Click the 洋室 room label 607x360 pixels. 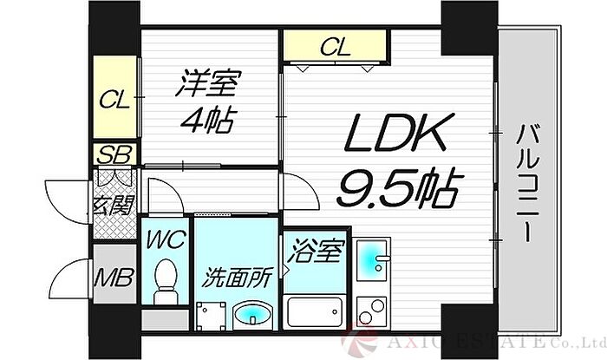pyautogui.click(x=208, y=82)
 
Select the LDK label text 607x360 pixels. pyautogui.click(x=395, y=133)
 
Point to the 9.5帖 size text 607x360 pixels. pyautogui.click(x=399, y=187)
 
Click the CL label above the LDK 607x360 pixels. pyautogui.click(x=336, y=47)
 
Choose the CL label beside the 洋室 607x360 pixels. pyautogui.click(x=114, y=100)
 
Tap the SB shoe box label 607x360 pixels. pyautogui.click(x=114, y=154)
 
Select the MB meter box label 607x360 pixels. pyautogui.click(x=114, y=277)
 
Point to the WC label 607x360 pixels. pyautogui.click(x=166, y=239)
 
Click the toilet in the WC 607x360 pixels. pyautogui.click(x=166, y=281)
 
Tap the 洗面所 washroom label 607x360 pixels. pyautogui.click(x=237, y=278)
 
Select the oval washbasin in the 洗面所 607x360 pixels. pyautogui.click(x=253, y=313)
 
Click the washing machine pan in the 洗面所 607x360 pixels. pyautogui.click(x=211, y=316)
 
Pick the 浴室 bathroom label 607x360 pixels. pyautogui.click(x=317, y=251)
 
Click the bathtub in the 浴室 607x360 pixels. pyautogui.click(x=315, y=312)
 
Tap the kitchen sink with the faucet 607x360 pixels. pyautogui.click(x=372, y=259)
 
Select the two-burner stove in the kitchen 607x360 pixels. pyautogui.click(x=372, y=311)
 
